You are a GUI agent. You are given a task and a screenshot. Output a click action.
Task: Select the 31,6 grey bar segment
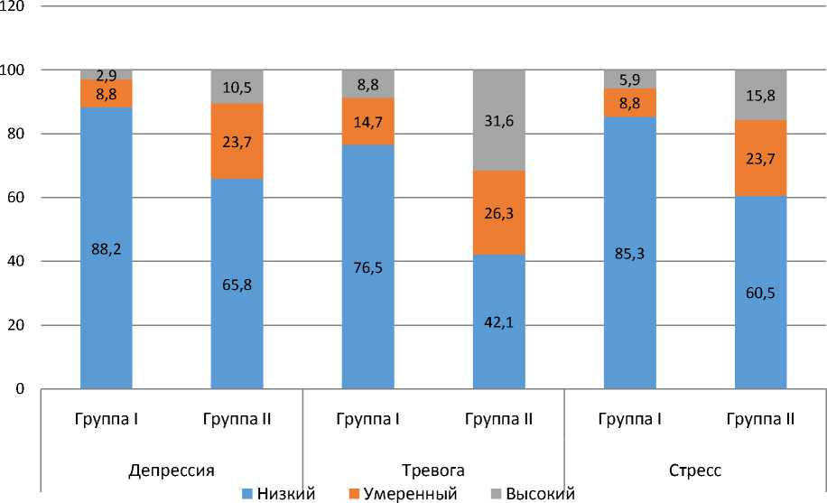point(499,120)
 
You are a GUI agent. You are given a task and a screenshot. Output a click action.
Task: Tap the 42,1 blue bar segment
point(499,321)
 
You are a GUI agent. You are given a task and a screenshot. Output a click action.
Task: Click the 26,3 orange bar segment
point(499,212)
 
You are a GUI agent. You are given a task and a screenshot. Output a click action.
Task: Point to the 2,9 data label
point(107,76)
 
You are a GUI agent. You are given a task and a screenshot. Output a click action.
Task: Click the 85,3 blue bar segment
point(630,253)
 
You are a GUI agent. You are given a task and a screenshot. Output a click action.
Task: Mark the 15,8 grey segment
point(761,95)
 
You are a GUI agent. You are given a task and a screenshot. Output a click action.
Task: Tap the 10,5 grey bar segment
point(237,87)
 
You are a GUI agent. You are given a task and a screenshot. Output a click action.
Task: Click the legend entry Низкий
point(277,494)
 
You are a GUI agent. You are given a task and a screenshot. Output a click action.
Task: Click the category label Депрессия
point(172,470)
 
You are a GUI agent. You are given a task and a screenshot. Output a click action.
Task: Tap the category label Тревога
point(433,470)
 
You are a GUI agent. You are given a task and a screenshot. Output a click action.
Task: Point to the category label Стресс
point(695,470)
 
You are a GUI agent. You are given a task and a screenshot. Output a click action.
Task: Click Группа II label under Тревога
point(499,419)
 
